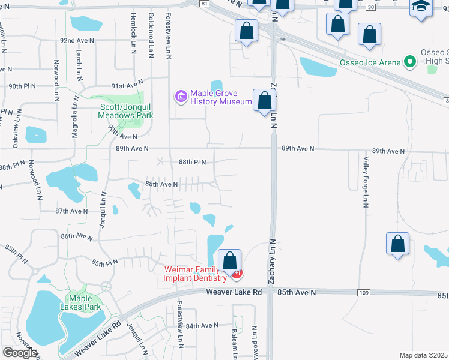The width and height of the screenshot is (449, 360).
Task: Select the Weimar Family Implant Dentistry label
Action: point(196,274)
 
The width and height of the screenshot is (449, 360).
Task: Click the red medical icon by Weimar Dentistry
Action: point(237,274)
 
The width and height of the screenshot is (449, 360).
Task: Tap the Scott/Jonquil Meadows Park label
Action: point(126,112)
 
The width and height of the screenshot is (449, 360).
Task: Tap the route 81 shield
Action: point(205,4)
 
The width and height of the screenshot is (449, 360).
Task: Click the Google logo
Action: point(19,353)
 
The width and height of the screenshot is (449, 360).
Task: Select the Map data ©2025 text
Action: point(424,355)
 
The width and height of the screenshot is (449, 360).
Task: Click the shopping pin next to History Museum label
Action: point(264,101)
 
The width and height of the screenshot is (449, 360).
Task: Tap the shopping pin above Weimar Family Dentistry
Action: point(229,261)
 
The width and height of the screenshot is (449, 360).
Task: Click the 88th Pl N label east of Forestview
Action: point(192,162)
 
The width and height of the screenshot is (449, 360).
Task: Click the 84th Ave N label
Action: point(202,325)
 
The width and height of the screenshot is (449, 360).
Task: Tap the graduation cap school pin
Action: point(421,8)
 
